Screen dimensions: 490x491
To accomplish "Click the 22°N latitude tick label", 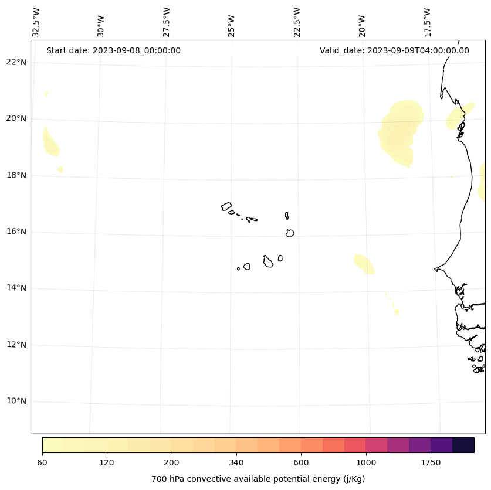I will [x=16, y=62].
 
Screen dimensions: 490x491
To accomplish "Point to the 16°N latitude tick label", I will [x=16, y=232].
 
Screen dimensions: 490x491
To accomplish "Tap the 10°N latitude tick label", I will [x=16, y=401].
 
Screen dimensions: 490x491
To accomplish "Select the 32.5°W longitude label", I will [x=36, y=22].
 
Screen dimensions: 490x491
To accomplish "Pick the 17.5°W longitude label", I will [x=427, y=22].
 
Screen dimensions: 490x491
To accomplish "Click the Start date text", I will [x=113, y=50].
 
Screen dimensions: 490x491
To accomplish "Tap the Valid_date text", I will [x=394, y=50].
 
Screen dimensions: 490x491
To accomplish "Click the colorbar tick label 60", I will [x=42, y=462].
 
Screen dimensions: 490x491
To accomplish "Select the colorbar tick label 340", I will [x=236, y=462].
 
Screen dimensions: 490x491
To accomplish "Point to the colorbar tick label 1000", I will [x=365, y=462].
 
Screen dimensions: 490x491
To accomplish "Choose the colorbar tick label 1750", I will [x=431, y=462].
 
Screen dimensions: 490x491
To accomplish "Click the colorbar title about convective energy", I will [x=258, y=479].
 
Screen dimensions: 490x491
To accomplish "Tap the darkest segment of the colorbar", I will [x=463, y=445].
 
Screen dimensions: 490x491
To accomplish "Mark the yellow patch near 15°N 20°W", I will [x=364, y=264].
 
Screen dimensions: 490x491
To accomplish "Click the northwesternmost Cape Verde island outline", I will [x=226, y=206].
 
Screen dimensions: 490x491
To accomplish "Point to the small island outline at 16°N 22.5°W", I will [x=290, y=233].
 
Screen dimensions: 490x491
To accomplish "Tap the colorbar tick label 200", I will [x=171, y=462].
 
